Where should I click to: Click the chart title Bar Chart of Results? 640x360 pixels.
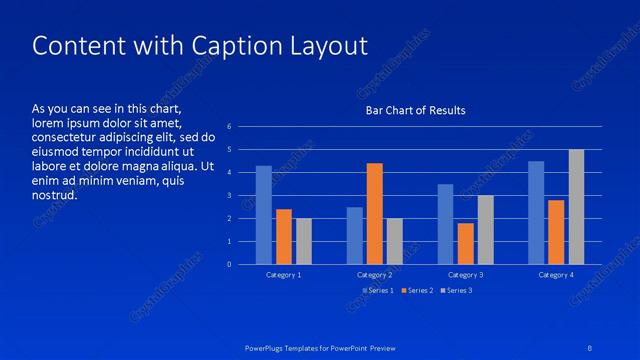[415, 110]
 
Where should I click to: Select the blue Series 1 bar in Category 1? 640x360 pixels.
[264, 215]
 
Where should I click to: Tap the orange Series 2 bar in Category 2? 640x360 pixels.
[374, 213]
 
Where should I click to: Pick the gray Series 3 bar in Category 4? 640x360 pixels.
[576, 207]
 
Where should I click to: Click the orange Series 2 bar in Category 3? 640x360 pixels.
[465, 243]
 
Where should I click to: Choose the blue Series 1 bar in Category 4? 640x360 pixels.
[536, 212]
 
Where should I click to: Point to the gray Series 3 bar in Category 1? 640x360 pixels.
[304, 241]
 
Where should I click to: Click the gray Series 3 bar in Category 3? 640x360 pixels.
[485, 229]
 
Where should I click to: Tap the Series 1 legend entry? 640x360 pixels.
[379, 290]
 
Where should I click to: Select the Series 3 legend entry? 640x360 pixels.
[457, 290]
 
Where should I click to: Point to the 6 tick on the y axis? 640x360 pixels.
[230, 127]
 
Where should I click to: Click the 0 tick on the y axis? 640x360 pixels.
[230, 264]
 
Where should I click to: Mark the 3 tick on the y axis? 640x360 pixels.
[230, 196]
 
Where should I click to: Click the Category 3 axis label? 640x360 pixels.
[465, 274]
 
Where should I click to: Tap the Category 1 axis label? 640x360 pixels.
[284, 274]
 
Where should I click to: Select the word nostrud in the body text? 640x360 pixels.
[54, 194]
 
